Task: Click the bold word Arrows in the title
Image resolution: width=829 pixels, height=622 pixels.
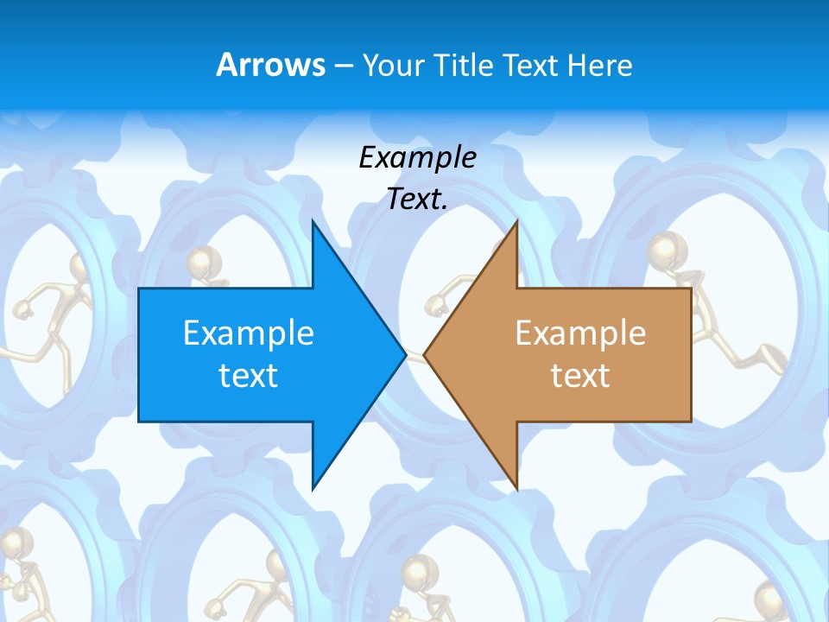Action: [270, 65]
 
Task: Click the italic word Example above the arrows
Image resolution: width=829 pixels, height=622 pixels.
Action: [417, 158]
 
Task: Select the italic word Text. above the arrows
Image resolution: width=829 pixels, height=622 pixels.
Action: [417, 200]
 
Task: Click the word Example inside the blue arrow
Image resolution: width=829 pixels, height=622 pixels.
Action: [249, 333]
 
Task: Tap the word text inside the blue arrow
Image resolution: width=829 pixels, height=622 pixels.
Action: [249, 375]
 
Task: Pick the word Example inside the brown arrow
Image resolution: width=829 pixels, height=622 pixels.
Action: [580, 333]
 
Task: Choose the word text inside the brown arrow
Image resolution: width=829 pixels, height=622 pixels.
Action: [580, 375]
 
